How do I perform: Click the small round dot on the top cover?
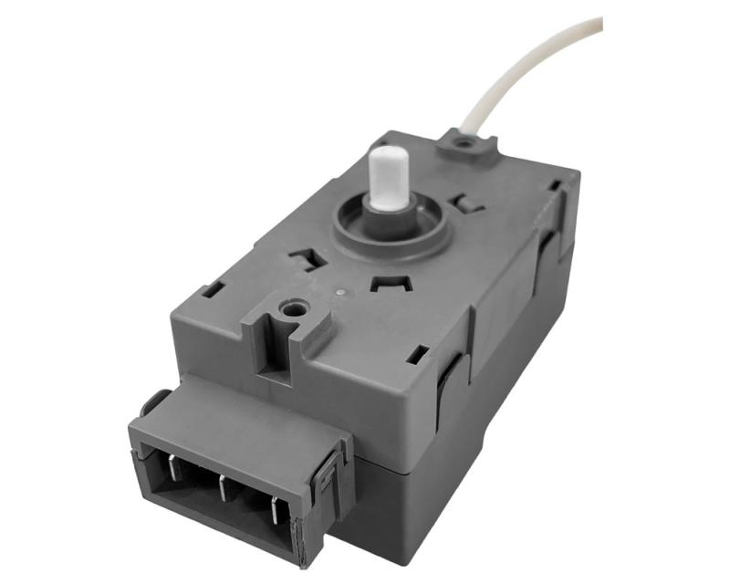point(339,292)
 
